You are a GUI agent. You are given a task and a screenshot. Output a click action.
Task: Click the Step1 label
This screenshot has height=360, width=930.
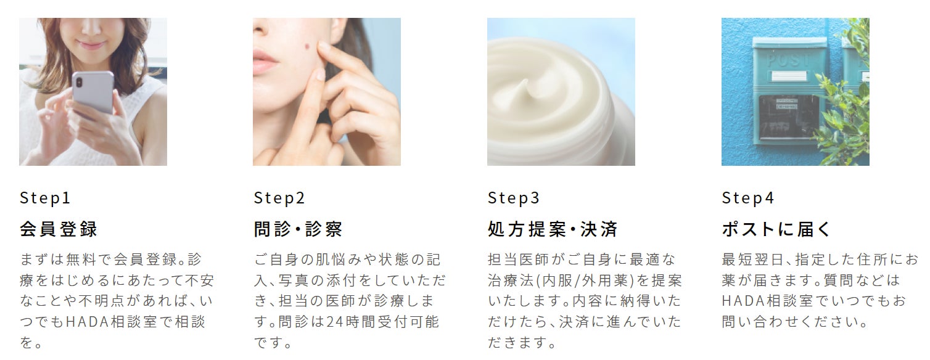coord(45,198)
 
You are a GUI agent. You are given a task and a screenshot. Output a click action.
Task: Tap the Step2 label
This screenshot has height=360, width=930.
coord(279,198)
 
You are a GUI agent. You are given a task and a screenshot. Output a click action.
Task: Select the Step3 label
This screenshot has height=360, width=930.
coord(514,198)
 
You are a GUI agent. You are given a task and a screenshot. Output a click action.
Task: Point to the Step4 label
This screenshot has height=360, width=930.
coord(748,198)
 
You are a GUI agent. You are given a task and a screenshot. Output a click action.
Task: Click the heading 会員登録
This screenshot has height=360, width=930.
coord(59,229)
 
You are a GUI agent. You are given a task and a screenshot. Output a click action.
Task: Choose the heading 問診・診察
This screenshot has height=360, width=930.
coord(298,229)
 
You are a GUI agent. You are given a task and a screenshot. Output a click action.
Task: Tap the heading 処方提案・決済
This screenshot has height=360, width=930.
coord(553,229)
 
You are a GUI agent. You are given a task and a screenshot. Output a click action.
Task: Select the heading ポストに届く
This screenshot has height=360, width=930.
coord(776,229)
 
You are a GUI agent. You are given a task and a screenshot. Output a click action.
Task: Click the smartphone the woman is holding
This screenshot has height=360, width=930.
coord(93,92)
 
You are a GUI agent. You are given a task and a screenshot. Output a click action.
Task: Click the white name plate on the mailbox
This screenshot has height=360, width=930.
coord(789,76)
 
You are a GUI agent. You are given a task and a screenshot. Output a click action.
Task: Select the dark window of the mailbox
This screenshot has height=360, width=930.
coord(788,117)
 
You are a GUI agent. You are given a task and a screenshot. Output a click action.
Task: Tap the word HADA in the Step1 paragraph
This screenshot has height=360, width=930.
coord(87,322)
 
